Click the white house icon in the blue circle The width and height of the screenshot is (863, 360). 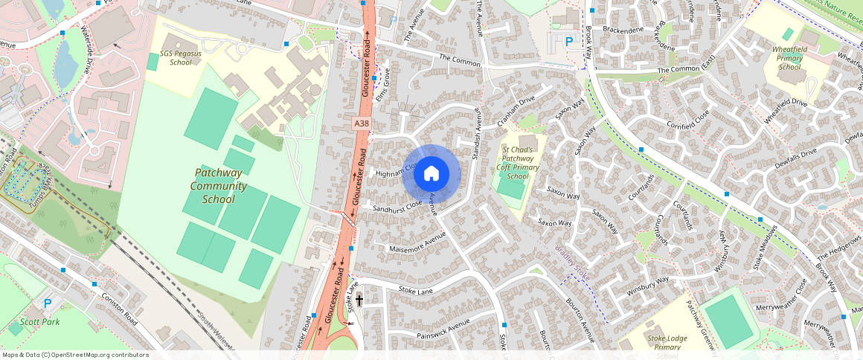pos(431,174)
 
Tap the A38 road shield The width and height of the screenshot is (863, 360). pos(361,123)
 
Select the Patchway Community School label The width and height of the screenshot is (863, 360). pos(212,185)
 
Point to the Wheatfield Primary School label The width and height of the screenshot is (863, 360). pos(789,58)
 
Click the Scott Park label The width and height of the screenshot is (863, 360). pos(39,322)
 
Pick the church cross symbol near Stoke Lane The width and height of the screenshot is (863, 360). pos(359,300)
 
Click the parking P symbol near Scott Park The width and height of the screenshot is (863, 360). pos(48,303)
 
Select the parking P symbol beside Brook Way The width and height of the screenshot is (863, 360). pos(568,42)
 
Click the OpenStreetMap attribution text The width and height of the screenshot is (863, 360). pos(74,355)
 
